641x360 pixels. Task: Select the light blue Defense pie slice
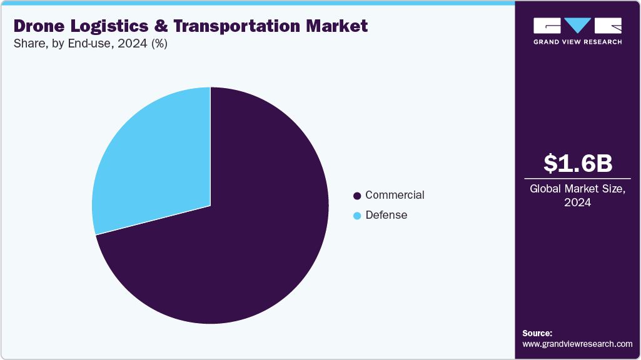pos(156,162)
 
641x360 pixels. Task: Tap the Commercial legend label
pos(395,195)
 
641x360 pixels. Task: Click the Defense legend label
pos(386,215)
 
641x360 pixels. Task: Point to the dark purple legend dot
pos(357,196)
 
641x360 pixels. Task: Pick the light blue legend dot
pos(357,216)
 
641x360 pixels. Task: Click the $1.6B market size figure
pos(577,163)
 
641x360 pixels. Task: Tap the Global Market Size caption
pos(577,189)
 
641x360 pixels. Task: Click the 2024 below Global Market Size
pos(577,202)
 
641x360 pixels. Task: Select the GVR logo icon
pos(577,26)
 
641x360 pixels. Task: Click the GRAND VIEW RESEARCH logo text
pos(577,42)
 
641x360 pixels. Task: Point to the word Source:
pos(537,333)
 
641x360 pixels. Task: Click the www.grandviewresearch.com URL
pos(577,344)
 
